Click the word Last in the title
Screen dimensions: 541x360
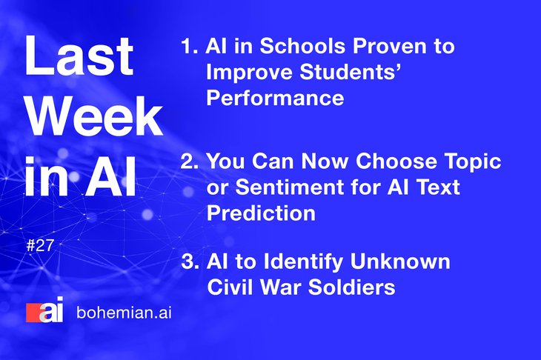point(79,56)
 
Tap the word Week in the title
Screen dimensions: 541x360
point(94,116)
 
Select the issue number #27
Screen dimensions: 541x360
point(40,245)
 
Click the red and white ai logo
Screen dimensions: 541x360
point(45,310)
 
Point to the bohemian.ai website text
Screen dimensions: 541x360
point(124,313)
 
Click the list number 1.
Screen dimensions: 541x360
point(190,46)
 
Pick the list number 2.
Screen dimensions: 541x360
point(190,161)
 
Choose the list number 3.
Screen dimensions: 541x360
point(190,261)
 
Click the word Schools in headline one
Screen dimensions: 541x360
point(302,46)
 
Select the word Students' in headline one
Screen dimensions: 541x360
point(350,72)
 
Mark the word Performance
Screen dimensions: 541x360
point(275,98)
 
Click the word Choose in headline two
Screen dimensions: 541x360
point(396,161)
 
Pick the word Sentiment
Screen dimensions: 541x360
point(289,187)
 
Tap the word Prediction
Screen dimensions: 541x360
point(261,213)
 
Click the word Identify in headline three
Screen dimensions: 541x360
point(303,262)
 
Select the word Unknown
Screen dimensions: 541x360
point(400,261)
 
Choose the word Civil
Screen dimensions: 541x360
point(230,287)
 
